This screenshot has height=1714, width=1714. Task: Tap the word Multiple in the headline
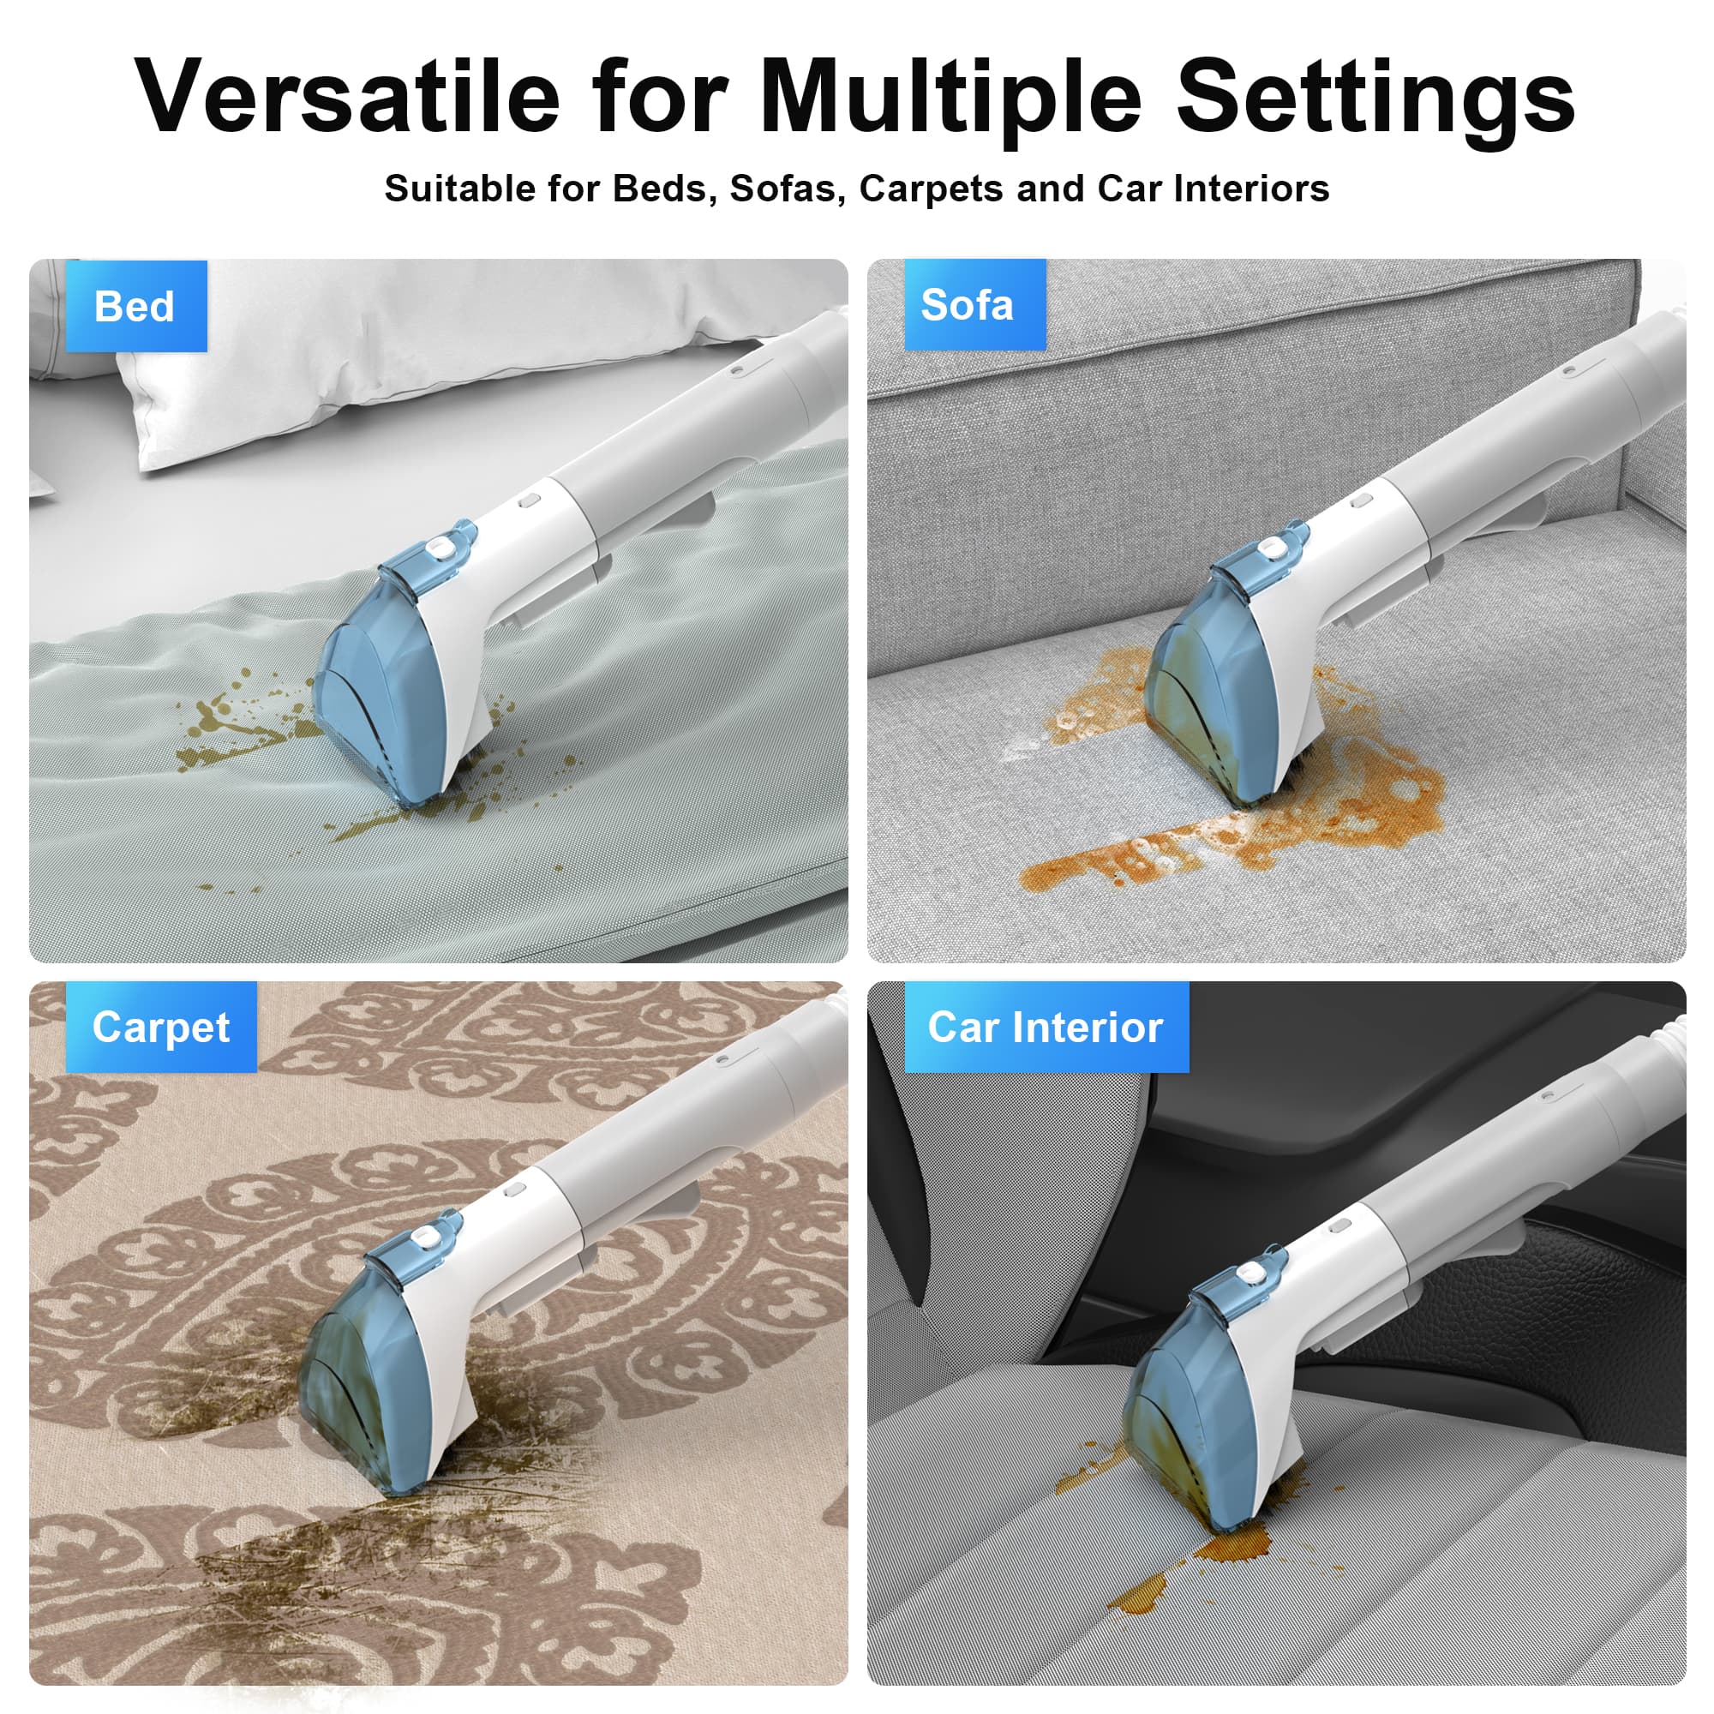(x=950, y=99)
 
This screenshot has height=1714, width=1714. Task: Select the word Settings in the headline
(x=1375, y=99)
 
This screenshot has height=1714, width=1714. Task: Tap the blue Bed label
(x=135, y=306)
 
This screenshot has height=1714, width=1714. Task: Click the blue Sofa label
(x=974, y=304)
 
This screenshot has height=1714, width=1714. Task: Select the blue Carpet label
(x=160, y=1028)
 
